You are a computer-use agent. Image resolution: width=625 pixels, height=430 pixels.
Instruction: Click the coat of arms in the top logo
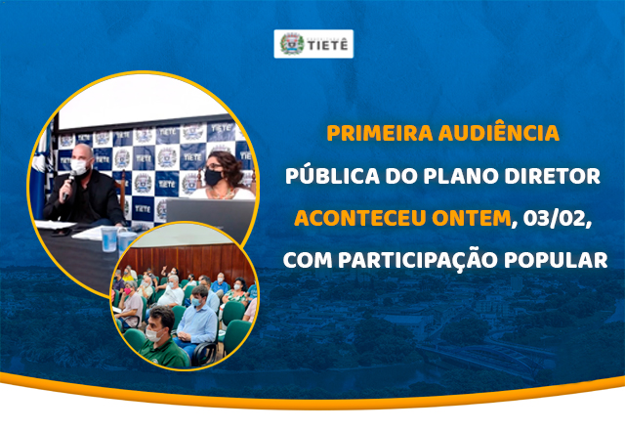[x=291, y=44]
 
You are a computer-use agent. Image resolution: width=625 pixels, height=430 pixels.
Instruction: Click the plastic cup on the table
[x=125, y=239]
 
